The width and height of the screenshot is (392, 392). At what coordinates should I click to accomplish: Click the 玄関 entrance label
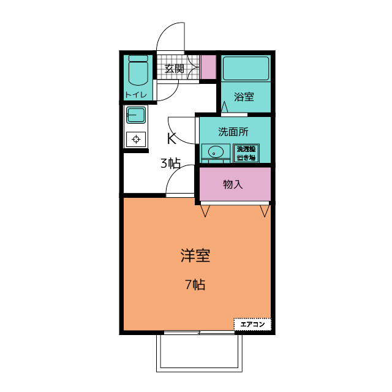[x=174, y=69]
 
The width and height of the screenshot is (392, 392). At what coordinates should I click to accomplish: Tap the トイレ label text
[x=136, y=95]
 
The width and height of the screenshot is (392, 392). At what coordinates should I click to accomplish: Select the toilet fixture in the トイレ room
[x=138, y=71]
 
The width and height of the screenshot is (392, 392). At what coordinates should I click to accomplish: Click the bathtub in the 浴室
[x=246, y=68]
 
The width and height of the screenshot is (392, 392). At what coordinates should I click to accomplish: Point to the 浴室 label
[x=244, y=97]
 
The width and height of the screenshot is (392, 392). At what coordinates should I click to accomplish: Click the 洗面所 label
[x=233, y=132]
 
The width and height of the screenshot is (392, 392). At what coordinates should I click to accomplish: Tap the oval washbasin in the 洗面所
[x=216, y=152]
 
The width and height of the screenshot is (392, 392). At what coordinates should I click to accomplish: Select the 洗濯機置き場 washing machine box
[x=246, y=153]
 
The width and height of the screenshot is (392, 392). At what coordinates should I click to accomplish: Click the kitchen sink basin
[x=136, y=115]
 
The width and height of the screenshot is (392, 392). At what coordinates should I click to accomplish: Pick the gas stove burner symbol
[x=136, y=139]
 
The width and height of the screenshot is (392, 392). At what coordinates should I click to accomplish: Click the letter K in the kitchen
[x=171, y=138]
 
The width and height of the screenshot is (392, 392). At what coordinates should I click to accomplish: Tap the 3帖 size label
[x=170, y=164]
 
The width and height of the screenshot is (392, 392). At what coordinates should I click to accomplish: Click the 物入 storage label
[x=233, y=184]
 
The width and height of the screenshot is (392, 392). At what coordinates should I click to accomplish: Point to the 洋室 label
[x=195, y=256]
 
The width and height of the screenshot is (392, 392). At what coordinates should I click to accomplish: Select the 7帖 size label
[x=195, y=284]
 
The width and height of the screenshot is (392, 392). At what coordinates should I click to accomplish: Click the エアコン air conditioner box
[x=252, y=324]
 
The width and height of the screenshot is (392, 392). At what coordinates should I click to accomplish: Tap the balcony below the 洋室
[x=199, y=353]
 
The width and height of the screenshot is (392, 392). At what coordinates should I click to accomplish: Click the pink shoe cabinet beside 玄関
[x=208, y=67]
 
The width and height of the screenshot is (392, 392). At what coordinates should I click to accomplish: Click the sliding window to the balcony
[x=199, y=333]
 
